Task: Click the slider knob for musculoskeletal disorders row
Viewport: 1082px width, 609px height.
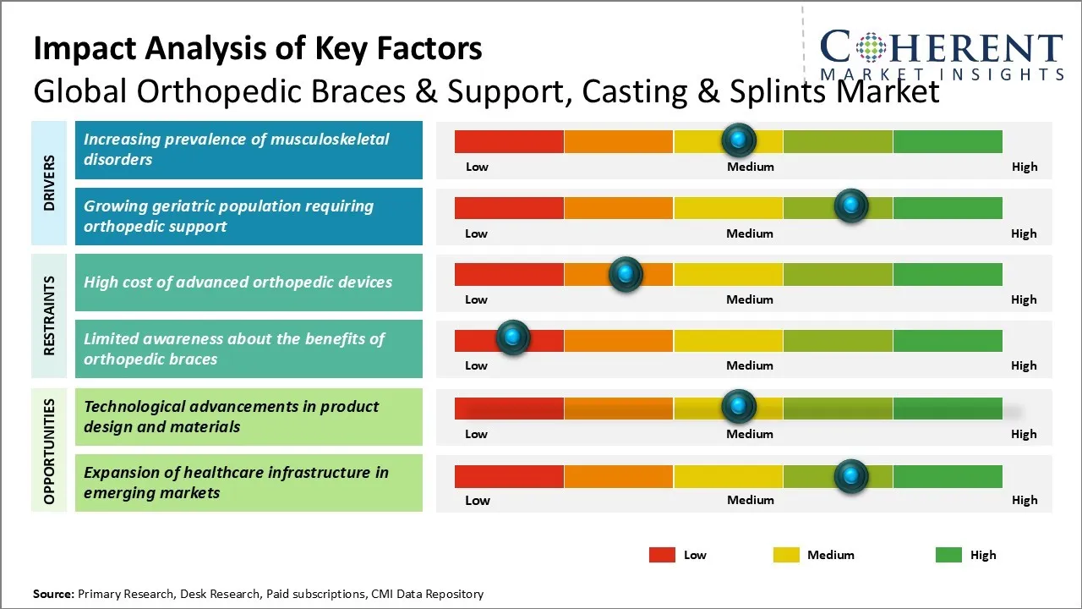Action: (739, 140)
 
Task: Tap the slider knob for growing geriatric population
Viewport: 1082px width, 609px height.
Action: (850, 206)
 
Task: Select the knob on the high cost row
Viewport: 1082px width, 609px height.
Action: (626, 273)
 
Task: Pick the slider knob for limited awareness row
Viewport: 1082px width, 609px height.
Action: (512, 337)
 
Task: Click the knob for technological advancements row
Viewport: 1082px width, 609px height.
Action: (739, 407)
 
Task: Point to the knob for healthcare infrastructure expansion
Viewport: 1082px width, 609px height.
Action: (850, 476)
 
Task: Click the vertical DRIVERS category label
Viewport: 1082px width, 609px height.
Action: (49, 183)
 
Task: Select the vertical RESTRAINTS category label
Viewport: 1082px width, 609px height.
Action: (49, 315)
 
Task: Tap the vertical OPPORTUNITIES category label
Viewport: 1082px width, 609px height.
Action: (49, 450)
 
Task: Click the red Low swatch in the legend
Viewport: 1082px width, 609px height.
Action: (662, 555)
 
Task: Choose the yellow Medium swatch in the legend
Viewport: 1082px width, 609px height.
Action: (786, 555)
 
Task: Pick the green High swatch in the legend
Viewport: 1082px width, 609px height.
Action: (948, 555)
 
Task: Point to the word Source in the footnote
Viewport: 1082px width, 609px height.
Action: (53, 594)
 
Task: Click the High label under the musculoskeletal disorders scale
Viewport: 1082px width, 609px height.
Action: (1025, 167)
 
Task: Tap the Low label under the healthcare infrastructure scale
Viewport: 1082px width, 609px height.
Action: (478, 500)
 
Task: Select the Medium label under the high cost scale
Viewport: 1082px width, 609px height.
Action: (750, 299)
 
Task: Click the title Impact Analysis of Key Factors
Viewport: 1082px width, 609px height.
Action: (258, 49)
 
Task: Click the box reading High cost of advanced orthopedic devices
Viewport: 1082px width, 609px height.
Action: (249, 283)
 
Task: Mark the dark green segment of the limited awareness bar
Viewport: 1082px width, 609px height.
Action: (947, 341)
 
